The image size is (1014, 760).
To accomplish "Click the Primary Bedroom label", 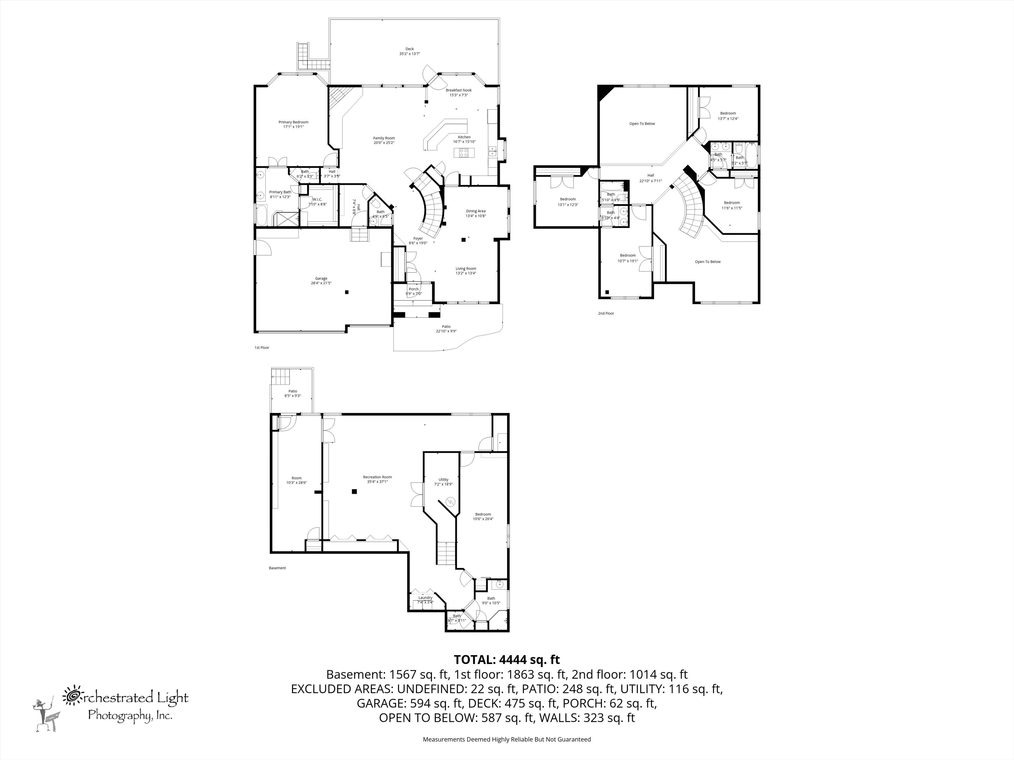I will (293, 122).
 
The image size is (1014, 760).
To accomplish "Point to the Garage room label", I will (321, 279).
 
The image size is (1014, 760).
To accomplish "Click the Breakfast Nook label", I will (458, 90).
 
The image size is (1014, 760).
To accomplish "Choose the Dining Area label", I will (475, 211).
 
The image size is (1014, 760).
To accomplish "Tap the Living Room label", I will (466, 269).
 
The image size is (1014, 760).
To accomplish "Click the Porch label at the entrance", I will (413, 289).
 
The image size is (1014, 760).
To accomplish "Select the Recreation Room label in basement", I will (377, 477).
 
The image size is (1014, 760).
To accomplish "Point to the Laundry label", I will (425, 597).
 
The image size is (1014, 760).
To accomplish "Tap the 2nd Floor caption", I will (606, 313).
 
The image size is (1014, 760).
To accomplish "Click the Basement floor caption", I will (277, 568).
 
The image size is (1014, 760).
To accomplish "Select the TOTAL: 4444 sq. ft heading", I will (506, 660).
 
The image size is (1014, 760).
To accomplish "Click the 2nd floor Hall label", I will (650, 175).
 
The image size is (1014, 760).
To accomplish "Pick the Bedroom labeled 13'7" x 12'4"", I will (728, 114).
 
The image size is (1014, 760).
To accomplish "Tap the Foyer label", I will (418, 239).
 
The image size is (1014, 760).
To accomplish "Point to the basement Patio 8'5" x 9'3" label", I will (292, 391).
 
